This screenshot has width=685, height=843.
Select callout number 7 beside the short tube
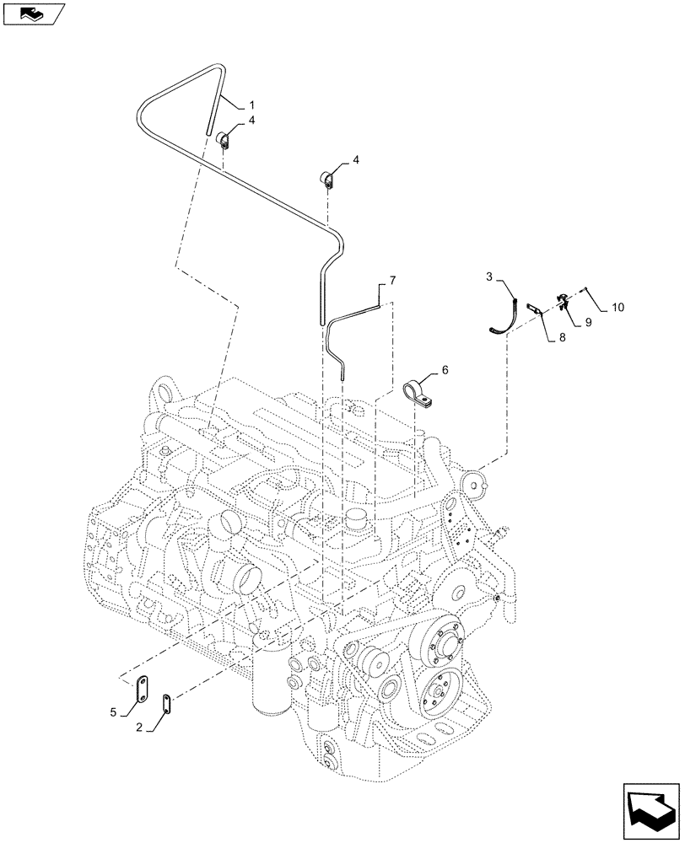tap(391, 280)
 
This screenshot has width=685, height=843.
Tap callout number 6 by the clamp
tap(445, 370)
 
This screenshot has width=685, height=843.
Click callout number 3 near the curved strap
tap(489, 277)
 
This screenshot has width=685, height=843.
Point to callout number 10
tap(618, 309)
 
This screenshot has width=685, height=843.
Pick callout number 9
tap(589, 322)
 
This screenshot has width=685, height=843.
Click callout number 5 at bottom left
tap(113, 712)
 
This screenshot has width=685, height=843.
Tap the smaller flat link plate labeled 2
tap(166, 701)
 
